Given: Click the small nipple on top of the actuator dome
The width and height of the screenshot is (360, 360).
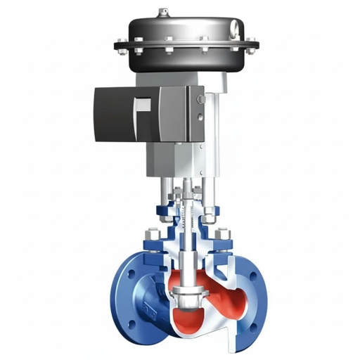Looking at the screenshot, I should coord(163,11).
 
